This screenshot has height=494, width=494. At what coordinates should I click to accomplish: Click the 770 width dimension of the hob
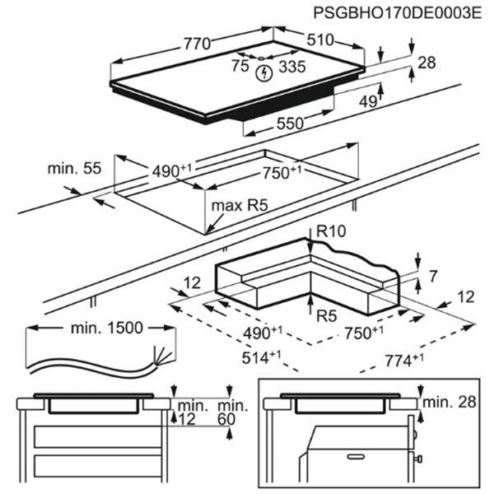(x=198, y=43)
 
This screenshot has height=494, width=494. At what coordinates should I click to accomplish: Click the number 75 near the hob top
(x=240, y=65)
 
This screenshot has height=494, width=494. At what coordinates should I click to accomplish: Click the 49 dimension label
(x=367, y=101)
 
